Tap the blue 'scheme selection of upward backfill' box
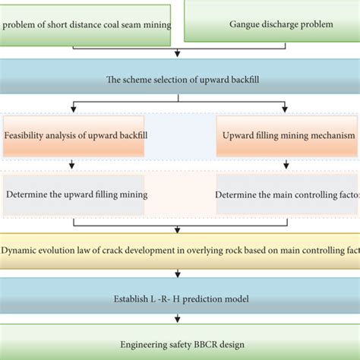(179, 78)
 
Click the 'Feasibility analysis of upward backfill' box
(74, 136)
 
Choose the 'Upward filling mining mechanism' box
(288, 136)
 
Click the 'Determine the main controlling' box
(288, 194)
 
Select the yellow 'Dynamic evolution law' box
(179, 251)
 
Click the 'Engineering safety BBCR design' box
(179, 344)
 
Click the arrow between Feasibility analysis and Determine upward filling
(72, 164)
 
